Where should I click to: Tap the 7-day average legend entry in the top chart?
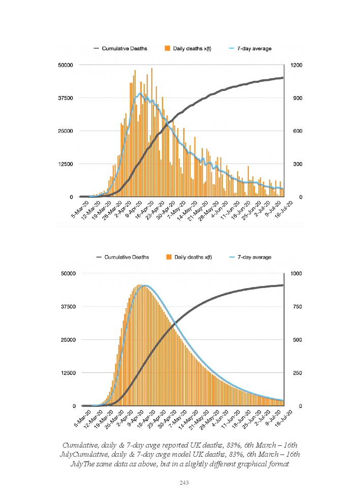254,49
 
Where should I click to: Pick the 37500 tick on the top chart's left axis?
67,98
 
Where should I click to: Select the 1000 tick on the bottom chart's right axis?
296,273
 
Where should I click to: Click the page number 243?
184,483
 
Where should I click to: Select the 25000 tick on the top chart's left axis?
67,131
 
